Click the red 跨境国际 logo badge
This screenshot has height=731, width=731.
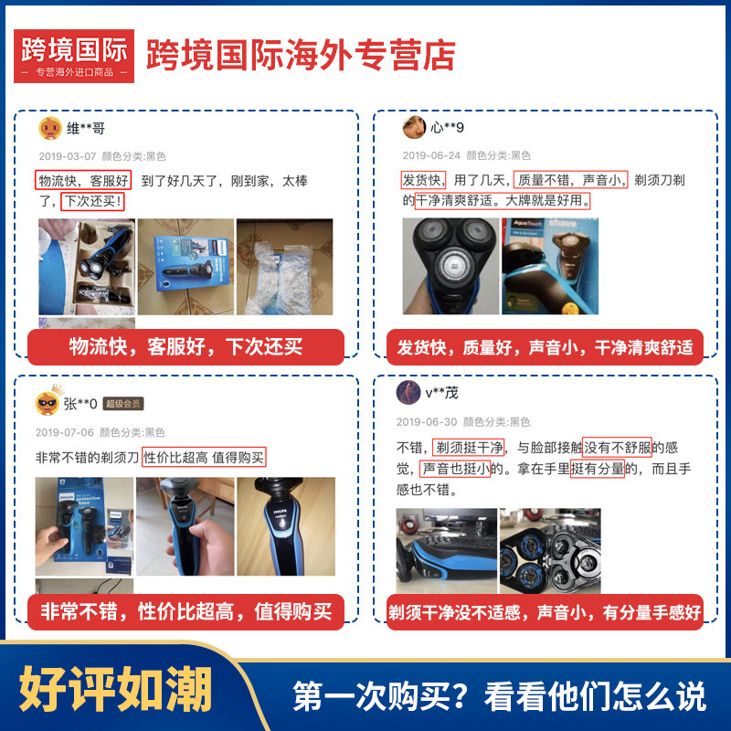point(76,56)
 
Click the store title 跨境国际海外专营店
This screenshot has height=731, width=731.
point(301,56)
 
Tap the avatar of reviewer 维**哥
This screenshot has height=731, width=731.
point(50,129)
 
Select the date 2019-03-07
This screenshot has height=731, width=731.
point(66,156)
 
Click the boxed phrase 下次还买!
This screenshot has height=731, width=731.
point(92,200)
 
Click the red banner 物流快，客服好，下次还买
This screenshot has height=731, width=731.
point(185,347)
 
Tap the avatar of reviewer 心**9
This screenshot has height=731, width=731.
point(414,126)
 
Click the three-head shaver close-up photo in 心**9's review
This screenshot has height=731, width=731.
point(449,266)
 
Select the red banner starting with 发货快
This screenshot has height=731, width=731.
point(545,347)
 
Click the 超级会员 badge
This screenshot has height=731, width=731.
point(123,404)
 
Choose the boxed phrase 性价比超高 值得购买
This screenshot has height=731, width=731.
point(205,458)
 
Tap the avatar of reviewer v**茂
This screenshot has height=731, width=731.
point(408,393)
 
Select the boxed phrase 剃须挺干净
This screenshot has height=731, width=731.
point(470,447)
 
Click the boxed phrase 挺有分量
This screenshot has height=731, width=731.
point(597,469)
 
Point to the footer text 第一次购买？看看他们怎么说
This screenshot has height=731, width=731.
point(499,696)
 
